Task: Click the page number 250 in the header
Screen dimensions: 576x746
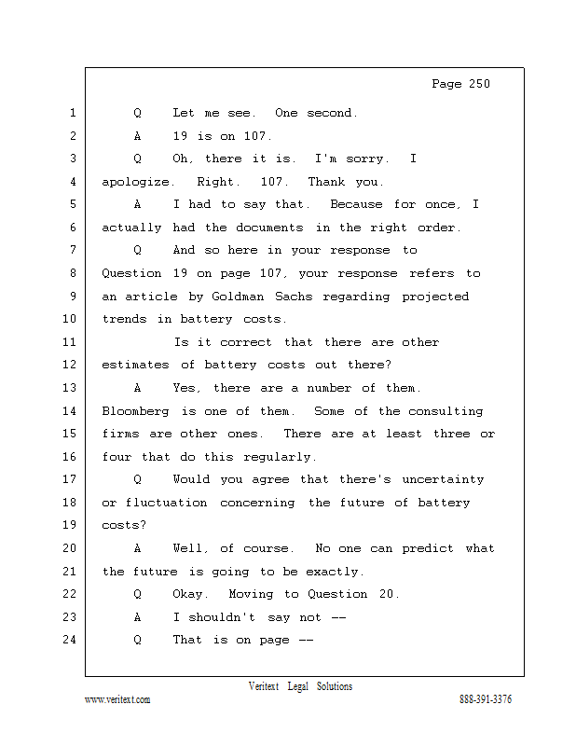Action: click(x=479, y=84)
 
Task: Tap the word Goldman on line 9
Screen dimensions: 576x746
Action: click(x=238, y=297)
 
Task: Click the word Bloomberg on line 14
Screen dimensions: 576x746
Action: click(x=135, y=411)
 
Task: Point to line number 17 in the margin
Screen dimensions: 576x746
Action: click(x=70, y=478)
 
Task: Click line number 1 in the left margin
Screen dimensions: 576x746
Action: click(x=73, y=113)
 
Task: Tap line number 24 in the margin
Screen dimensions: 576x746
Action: click(x=70, y=640)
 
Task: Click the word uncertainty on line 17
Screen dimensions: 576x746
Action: click(x=443, y=479)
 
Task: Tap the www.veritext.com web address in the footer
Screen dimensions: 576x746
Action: click(x=117, y=699)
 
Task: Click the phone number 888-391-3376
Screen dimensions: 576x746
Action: click(x=486, y=699)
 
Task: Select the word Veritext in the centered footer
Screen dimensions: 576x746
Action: click(x=264, y=686)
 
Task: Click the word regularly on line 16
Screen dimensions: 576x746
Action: click(x=280, y=457)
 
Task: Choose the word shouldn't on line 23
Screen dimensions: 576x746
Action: click(x=222, y=617)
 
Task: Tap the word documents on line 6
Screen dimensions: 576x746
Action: click(x=269, y=228)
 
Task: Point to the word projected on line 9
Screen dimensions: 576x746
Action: click(x=435, y=297)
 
